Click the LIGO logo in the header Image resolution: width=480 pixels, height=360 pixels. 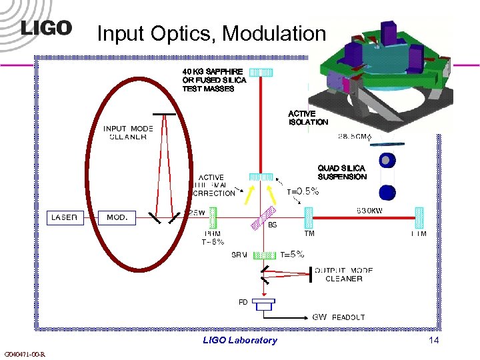(x=46, y=28)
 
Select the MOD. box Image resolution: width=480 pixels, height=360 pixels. (x=117, y=217)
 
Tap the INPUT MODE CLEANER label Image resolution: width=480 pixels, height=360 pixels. (x=128, y=133)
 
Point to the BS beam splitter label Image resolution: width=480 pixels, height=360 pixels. (x=272, y=225)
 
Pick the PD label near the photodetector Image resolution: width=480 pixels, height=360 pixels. (x=243, y=302)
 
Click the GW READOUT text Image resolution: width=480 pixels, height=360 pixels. (x=339, y=317)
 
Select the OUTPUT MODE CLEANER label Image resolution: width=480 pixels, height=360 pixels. (x=343, y=275)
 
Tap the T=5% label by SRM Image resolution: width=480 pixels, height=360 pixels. (x=292, y=254)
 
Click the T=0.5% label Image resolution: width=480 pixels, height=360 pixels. (x=303, y=191)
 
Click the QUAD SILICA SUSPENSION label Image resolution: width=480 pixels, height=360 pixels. (x=342, y=173)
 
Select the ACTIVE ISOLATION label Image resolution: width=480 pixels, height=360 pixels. (x=308, y=118)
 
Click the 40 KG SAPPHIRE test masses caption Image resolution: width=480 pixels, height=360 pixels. (x=215, y=80)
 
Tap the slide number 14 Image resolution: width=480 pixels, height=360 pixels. (x=434, y=340)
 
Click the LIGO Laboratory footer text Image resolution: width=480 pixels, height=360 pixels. (x=239, y=340)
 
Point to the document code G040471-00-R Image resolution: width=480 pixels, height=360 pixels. (x=24, y=354)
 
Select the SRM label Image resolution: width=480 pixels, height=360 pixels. (x=239, y=255)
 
